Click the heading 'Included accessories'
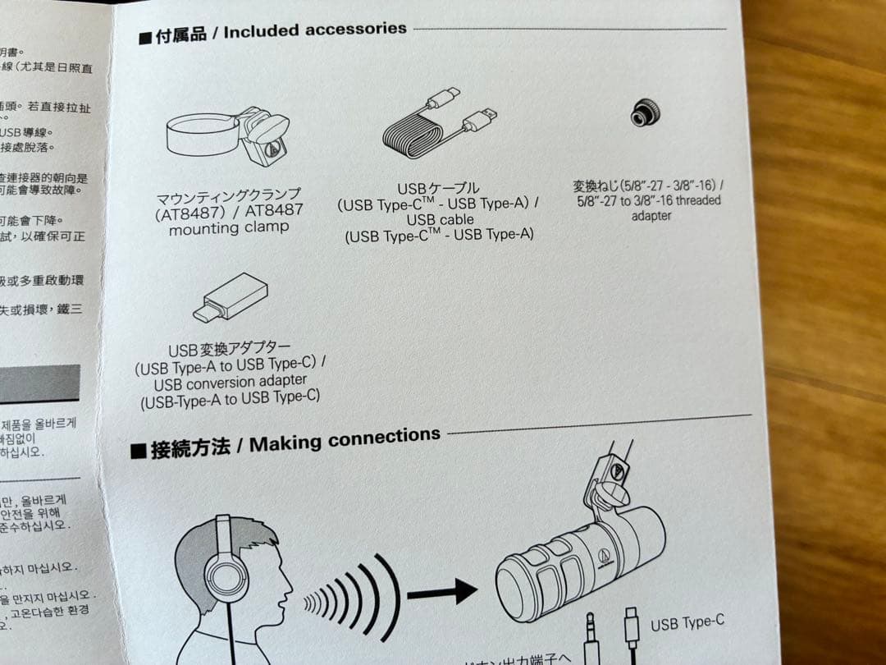pos(314,30)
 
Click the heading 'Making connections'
pos(344,440)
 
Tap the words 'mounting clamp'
pos(229,228)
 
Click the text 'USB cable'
pos(440,220)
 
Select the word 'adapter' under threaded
pos(651,216)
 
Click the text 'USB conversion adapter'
pos(231,382)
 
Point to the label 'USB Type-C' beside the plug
pos(687,623)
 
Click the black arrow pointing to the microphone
pos(442,589)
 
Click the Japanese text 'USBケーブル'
pos(438,189)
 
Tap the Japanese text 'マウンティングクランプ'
pos(229,196)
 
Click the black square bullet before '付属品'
pos(145,39)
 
